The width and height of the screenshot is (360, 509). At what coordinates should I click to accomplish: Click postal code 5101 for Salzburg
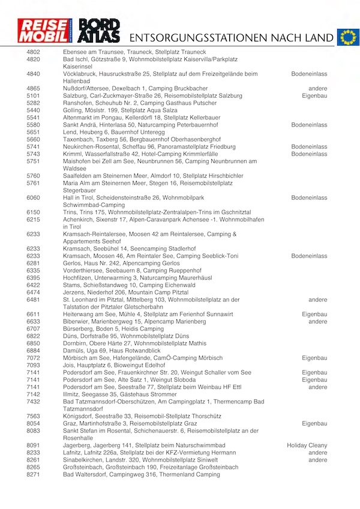click(34, 95)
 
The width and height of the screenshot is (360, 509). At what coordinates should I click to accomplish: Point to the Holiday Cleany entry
click(307, 445)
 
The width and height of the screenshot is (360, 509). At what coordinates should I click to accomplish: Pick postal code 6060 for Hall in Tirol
click(34, 197)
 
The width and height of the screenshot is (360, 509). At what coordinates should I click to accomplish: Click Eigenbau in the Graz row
click(314, 423)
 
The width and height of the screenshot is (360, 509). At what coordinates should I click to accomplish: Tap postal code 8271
click(34, 474)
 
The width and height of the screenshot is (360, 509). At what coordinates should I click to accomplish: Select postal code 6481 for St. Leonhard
click(34, 300)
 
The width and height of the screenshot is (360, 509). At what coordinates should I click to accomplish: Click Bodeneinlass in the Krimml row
click(309, 154)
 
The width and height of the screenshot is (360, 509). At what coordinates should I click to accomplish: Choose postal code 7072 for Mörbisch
click(34, 358)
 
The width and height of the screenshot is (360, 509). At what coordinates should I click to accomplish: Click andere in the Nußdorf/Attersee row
click(318, 88)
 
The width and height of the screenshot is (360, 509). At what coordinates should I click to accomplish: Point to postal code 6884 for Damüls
click(34, 351)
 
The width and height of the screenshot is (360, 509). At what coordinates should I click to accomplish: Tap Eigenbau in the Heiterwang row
click(314, 314)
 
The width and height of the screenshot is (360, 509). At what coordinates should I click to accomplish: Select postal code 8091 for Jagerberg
click(34, 445)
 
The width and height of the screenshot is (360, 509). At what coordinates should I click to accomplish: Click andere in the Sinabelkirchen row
click(318, 460)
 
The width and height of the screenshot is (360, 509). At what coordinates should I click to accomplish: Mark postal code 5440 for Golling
click(34, 110)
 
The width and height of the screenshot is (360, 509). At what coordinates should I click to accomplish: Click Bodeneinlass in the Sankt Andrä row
click(309, 125)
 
